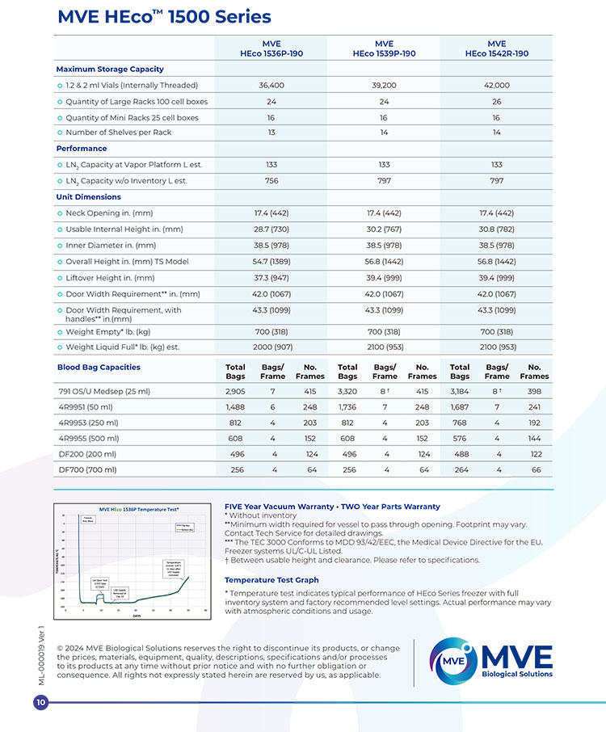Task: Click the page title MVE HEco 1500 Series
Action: coord(165,17)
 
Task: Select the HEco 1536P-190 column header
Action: coord(271,48)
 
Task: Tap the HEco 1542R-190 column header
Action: coord(496,48)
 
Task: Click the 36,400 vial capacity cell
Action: coord(271,85)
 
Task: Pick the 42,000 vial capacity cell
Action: coord(496,85)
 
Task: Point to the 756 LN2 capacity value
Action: coord(271,181)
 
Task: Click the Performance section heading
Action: coord(81,149)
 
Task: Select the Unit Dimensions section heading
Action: coord(89,197)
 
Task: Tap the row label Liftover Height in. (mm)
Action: coord(110,278)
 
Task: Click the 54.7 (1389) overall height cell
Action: coord(271,262)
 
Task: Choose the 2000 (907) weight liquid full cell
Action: coord(271,347)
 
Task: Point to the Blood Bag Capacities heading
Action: coord(98,368)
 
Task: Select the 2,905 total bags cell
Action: coord(236,391)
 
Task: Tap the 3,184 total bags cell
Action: coord(460,391)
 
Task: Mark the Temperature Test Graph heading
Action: coord(271,580)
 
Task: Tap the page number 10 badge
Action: coord(41,704)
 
